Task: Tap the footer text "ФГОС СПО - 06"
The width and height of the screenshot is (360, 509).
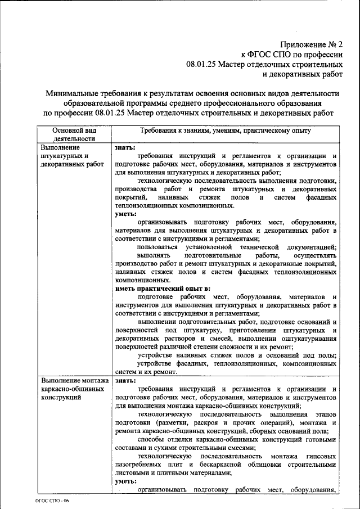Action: (52, 500)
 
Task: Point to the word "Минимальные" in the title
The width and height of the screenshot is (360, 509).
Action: (71, 92)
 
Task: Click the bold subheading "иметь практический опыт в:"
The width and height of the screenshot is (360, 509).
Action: (154, 288)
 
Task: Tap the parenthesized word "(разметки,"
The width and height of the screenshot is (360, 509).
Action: (176, 422)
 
